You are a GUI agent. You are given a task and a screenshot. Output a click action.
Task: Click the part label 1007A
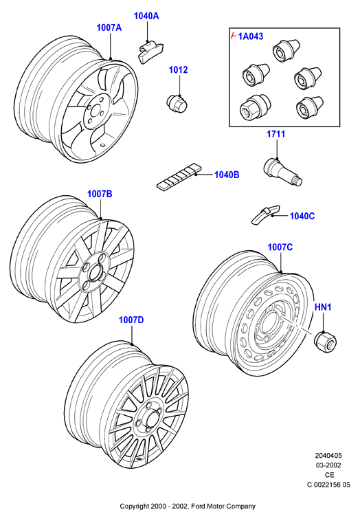[x=109, y=27]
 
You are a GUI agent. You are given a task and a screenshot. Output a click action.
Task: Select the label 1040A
[x=146, y=16]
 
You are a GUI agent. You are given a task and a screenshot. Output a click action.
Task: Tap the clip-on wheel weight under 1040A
[x=150, y=51]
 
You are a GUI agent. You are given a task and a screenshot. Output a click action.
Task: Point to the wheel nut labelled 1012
[x=177, y=103]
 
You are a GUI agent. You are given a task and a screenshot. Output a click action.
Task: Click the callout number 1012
[x=179, y=70]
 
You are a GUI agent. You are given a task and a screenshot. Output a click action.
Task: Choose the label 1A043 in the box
[x=251, y=36]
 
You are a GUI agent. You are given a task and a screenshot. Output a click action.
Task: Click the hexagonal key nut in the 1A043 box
[x=255, y=108]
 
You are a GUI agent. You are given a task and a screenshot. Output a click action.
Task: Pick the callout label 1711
[x=276, y=134]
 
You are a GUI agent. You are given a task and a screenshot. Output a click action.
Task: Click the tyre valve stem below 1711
[x=282, y=171]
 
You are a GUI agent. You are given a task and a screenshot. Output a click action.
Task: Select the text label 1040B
[x=227, y=175]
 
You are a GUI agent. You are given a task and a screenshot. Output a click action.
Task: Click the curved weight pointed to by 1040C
[x=265, y=214]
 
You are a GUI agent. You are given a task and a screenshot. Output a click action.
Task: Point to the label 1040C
[x=302, y=217]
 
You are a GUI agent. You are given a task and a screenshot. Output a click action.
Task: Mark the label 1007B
[x=100, y=194]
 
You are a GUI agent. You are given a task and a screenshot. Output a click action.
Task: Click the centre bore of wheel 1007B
[x=95, y=272]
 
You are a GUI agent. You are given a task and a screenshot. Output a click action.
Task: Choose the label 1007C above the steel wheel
[x=280, y=247]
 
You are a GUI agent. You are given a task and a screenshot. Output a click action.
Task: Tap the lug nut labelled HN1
[x=326, y=342]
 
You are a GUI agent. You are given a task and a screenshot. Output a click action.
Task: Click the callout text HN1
[x=323, y=307]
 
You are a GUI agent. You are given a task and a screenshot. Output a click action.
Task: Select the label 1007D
[x=131, y=320]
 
